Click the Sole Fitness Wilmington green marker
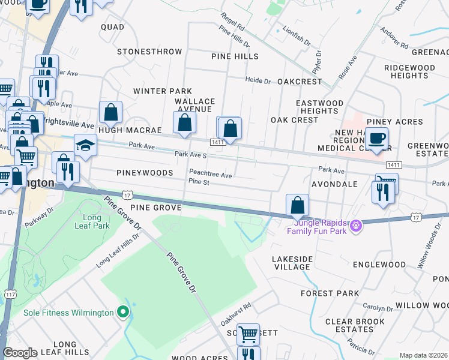pyautogui.click(x=123, y=312)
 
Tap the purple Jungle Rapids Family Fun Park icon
pyautogui.click(x=356, y=225)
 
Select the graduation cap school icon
pyautogui.click(x=85, y=145)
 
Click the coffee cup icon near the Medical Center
pyautogui.click(x=376, y=139)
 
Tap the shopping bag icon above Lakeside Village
pyautogui.click(x=297, y=205)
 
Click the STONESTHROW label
pyautogui.click(x=149, y=52)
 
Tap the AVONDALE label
pyautogui.click(x=335, y=184)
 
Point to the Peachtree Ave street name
pyautogui.click(x=210, y=175)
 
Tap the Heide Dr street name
pyautogui.click(x=259, y=80)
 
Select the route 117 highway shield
pyautogui.click(x=10, y=295)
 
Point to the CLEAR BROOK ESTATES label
pyautogui.click(x=354, y=325)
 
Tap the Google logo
pyautogui.click(x=20, y=353)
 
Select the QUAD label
pyautogui.click(x=112, y=27)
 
